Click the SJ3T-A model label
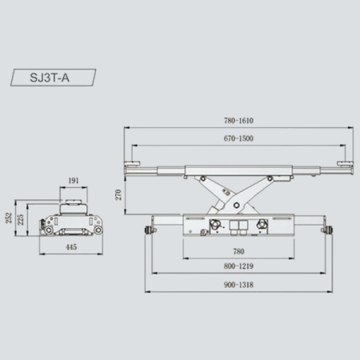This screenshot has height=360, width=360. [x=50, y=78]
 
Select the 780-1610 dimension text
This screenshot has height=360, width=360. [x=238, y=121]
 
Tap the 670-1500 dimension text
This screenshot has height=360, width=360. [x=238, y=138]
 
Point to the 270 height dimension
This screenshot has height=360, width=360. [x=118, y=194]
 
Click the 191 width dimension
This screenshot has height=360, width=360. [x=74, y=181]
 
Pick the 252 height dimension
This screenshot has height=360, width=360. [x=9, y=218]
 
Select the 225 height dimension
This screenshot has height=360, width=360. [x=20, y=220]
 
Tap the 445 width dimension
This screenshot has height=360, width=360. [x=71, y=247]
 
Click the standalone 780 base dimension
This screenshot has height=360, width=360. [x=238, y=251]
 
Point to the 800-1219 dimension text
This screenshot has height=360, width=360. [x=238, y=266]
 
